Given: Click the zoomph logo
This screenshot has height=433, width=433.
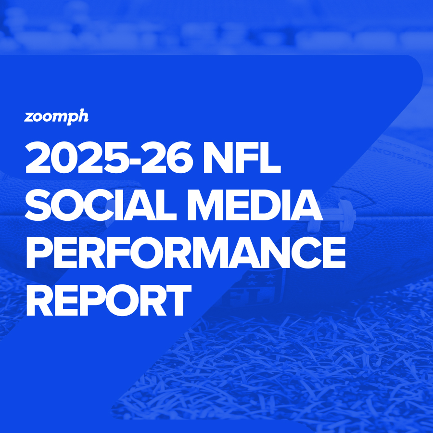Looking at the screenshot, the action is coord(56,117).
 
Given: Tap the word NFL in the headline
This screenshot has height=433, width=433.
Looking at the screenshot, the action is coord(242,157).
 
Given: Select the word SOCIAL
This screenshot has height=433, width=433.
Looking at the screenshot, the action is coord(101,205).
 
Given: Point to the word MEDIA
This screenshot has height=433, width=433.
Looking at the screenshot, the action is coord(255,205).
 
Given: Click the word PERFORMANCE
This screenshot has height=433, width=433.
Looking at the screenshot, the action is coord(186,253).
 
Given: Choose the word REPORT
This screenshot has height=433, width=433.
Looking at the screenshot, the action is coord(109,300).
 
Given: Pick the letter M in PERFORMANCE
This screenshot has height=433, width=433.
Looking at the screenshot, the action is coord(209,253).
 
